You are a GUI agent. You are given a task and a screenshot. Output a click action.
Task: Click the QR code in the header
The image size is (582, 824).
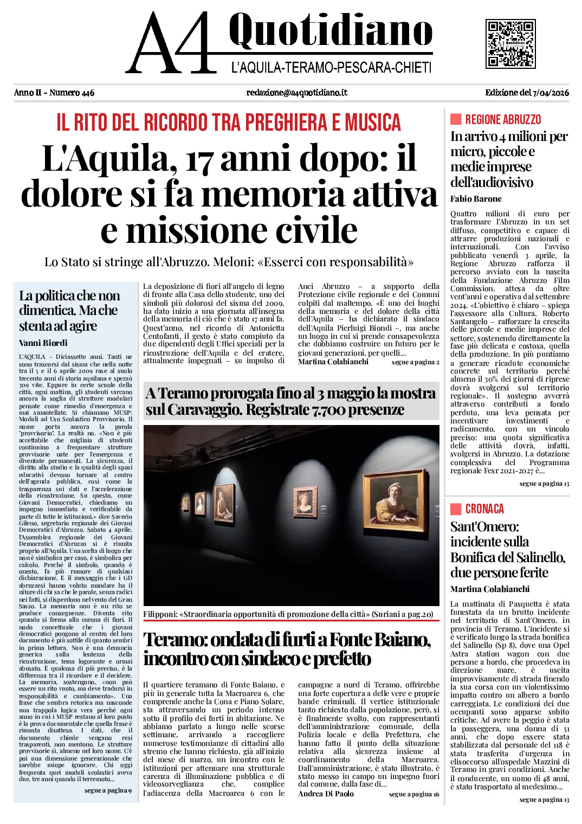tap(510, 43)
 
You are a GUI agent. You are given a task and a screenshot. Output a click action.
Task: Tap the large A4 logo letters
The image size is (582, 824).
tap(169, 43)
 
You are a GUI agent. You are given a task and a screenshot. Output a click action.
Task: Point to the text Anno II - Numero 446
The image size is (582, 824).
tap(54, 93)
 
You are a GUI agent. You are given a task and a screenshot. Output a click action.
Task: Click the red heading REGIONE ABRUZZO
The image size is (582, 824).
tap(503, 120)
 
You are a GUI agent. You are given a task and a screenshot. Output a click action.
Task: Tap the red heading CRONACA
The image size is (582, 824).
tap(484, 509)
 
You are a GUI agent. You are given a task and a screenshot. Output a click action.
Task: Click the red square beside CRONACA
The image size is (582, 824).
tap(456, 509)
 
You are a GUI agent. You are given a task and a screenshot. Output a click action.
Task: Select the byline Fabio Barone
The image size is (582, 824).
tap(476, 199)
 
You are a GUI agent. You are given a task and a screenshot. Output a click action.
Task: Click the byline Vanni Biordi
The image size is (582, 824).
tap(43, 343)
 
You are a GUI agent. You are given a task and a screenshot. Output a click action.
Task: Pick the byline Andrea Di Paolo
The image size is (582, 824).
tap(326, 794)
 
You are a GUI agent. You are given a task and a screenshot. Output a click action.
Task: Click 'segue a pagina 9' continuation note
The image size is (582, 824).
tap(108, 790)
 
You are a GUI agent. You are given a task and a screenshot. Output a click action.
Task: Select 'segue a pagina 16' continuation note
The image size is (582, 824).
tap(414, 794)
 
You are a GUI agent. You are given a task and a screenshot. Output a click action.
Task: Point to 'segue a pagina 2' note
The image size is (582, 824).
tap(415, 362)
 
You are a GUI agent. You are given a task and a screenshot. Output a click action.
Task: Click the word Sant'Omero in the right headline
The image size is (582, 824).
tap(484, 527)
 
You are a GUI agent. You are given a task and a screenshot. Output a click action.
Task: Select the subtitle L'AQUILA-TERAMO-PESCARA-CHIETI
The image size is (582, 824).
tap(331, 68)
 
